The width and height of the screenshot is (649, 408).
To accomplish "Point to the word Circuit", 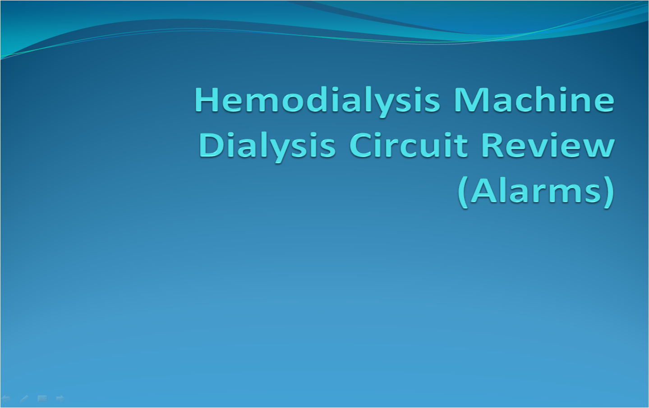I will point(409,145).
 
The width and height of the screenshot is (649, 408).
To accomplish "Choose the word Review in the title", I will point(548,145).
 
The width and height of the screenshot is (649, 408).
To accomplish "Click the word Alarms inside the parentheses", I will point(536,190).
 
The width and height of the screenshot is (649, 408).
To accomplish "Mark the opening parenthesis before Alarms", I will point(463,191).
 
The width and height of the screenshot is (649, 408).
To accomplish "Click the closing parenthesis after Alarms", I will point(609,191).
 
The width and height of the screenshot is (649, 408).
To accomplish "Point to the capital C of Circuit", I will point(364,145).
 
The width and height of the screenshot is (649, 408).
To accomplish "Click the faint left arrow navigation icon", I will point(6,399).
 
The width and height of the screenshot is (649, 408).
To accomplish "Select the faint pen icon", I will point(24,399).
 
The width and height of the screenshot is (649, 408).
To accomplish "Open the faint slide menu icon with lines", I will point(42,399).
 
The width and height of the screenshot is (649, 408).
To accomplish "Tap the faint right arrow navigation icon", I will point(60,399).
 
